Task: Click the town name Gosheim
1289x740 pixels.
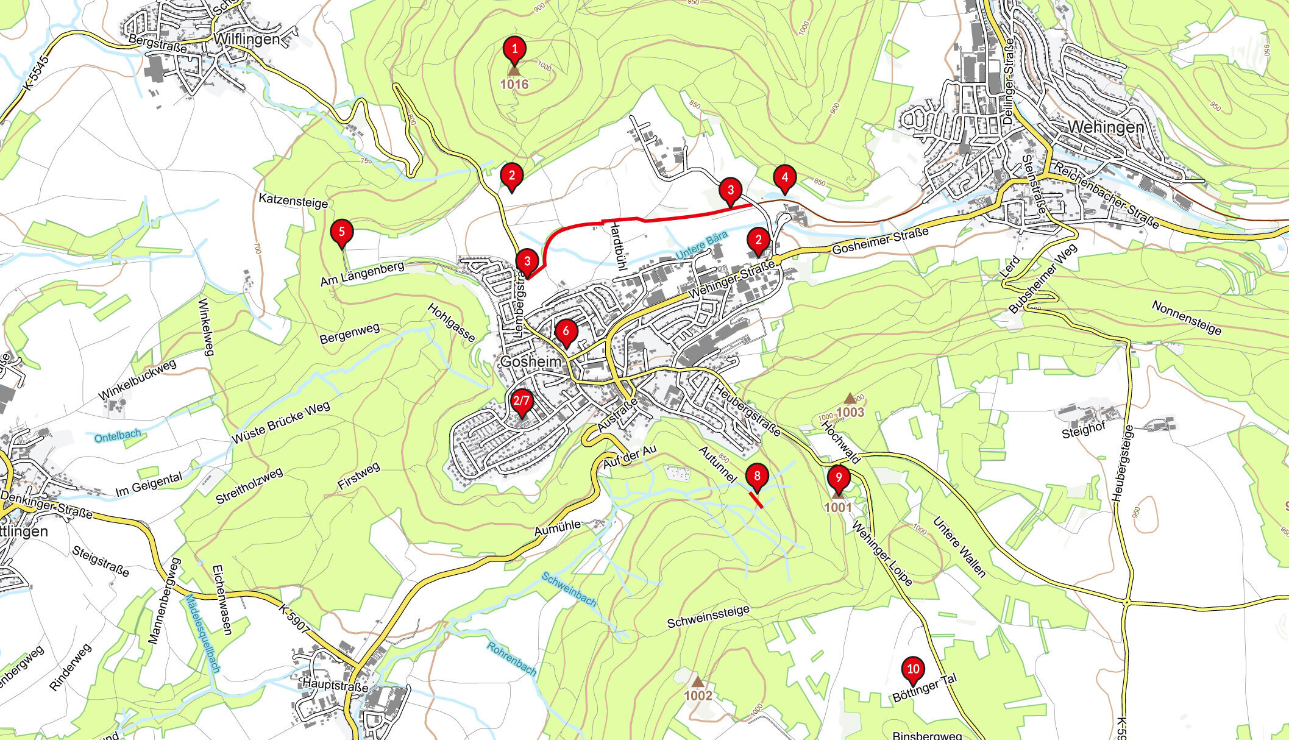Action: [x=530, y=361]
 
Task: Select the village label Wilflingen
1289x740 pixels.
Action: [x=247, y=40]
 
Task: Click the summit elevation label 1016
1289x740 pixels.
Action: [x=514, y=85]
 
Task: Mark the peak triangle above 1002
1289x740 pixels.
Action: [x=697, y=681]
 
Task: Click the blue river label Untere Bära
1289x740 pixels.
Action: [x=702, y=246]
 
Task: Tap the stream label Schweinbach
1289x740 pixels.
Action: [x=569, y=589]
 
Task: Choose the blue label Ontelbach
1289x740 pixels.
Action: [x=118, y=436]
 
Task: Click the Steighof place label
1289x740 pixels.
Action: [x=1083, y=433]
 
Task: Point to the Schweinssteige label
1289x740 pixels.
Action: [x=708, y=616]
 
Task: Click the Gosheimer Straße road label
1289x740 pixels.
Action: [x=879, y=241]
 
